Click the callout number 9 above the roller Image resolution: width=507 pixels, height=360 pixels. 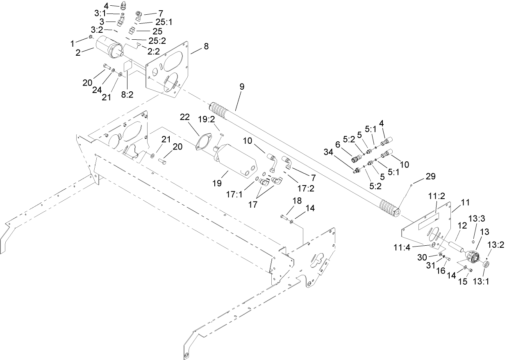click(x=242, y=87)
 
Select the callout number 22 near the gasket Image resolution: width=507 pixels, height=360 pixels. click(x=185, y=118)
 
